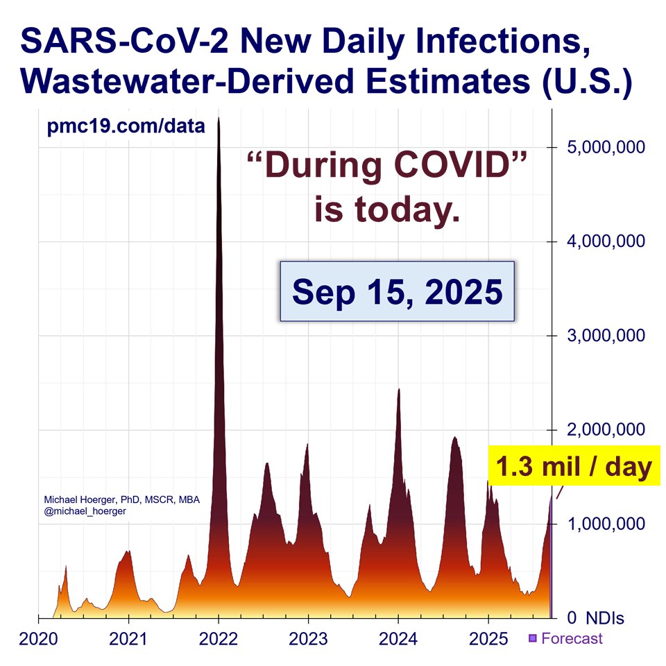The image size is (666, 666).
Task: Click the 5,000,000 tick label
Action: (x=606, y=147)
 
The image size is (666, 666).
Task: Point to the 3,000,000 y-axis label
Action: (x=606, y=336)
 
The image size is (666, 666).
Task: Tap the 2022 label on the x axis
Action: (x=219, y=638)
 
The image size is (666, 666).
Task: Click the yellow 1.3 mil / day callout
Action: (x=572, y=467)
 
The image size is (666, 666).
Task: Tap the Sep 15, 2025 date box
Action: (x=397, y=291)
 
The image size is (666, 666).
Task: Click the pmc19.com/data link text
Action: (x=126, y=126)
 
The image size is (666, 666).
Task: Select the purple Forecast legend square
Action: (x=533, y=638)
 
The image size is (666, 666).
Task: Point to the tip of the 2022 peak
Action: (x=219, y=119)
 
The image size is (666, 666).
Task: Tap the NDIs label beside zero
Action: (x=605, y=617)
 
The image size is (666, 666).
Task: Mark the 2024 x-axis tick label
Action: (x=398, y=638)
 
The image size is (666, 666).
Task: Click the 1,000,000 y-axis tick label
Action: (x=606, y=524)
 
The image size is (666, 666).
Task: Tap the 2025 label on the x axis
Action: (x=488, y=638)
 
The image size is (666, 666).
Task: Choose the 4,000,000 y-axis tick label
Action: (x=606, y=241)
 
